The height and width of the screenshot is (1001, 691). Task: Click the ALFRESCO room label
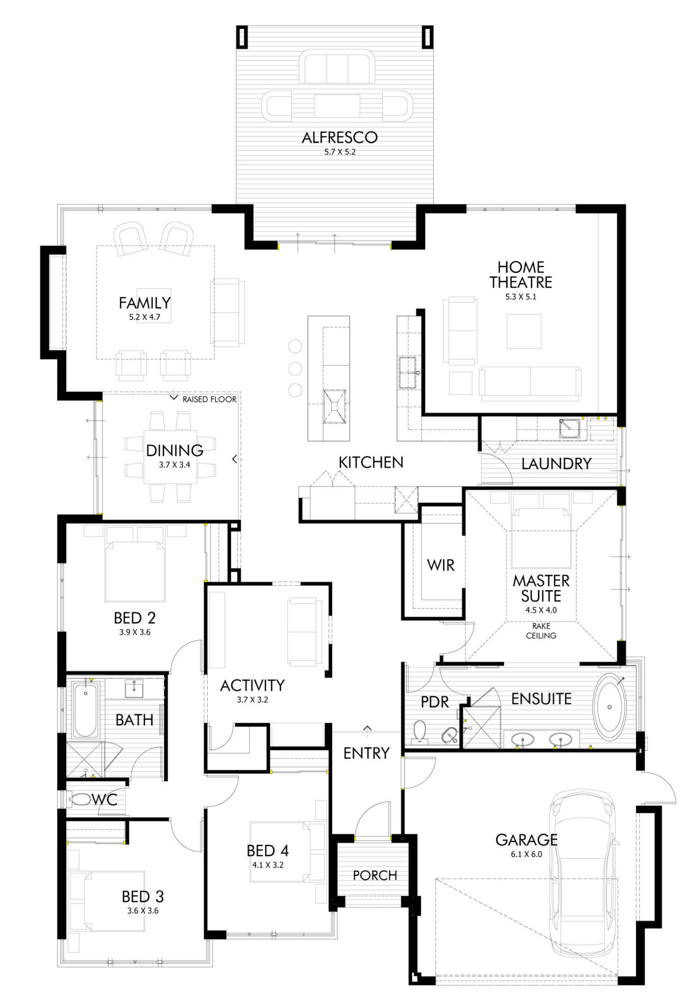tap(339, 138)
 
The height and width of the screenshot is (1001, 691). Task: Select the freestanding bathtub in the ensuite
tap(609, 707)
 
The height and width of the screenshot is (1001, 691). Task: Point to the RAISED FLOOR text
tap(209, 399)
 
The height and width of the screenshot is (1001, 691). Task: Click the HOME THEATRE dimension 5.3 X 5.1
tap(520, 297)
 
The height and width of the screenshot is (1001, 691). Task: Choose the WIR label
tap(440, 566)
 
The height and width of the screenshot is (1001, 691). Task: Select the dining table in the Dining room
tap(170, 456)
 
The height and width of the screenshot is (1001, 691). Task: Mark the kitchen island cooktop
tap(334, 406)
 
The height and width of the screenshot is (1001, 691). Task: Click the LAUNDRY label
tap(556, 464)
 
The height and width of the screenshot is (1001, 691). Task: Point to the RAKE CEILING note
tap(541, 631)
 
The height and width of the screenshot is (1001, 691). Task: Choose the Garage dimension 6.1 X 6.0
tap(526, 854)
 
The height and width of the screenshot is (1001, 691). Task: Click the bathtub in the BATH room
tap(85, 711)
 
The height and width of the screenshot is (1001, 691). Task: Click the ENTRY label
tap(366, 753)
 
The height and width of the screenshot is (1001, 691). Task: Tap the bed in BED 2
tap(135, 571)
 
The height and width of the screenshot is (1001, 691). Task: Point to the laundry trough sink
tap(569, 428)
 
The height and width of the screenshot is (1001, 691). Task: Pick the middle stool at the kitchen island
tap(295, 369)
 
